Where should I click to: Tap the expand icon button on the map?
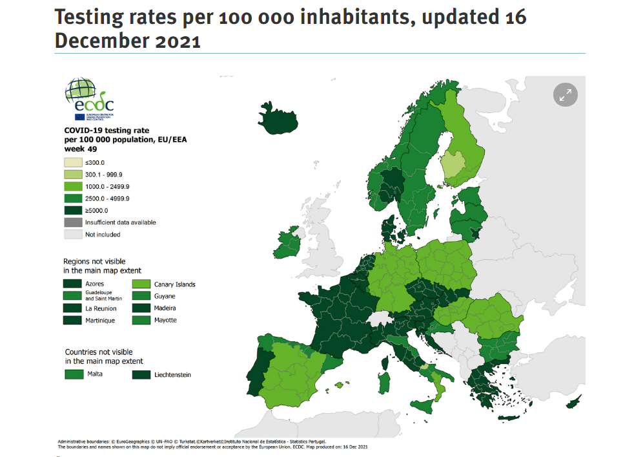click(566, 95)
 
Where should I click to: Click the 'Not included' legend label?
click(103, 234)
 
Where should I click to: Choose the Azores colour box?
click(72, 284)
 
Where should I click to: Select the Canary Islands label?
click(174, 284)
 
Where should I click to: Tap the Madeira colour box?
click(141, 308)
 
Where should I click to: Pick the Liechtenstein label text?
click(172, 374)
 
